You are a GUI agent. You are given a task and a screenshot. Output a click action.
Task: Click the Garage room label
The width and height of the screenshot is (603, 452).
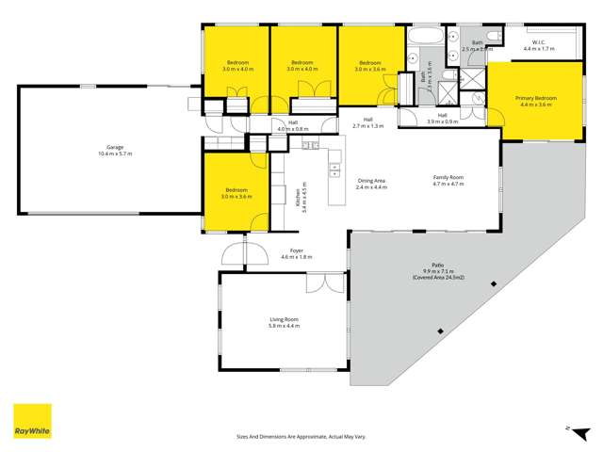(115, 146)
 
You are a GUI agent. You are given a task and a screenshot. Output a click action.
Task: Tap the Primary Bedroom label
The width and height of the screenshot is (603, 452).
(536, 97)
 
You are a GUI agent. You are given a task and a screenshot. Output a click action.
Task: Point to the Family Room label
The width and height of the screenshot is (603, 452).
(448, 177)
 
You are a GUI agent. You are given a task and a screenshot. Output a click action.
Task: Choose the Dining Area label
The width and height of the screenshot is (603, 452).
(371, 180)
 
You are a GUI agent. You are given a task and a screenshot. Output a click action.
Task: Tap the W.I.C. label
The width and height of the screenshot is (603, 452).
(539, 42)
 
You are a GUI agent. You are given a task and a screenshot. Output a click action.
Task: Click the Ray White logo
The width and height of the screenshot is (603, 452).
(31, 421)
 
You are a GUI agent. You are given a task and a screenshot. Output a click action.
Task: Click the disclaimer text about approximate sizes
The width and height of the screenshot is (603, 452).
(301, 436)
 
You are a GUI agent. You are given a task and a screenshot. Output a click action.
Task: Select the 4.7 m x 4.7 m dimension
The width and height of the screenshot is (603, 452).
(448, 185)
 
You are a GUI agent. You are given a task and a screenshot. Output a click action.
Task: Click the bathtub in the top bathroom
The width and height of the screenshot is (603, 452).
(423, 39)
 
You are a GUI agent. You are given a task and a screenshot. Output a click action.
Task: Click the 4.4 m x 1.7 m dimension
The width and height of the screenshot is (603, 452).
(539, 49)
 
